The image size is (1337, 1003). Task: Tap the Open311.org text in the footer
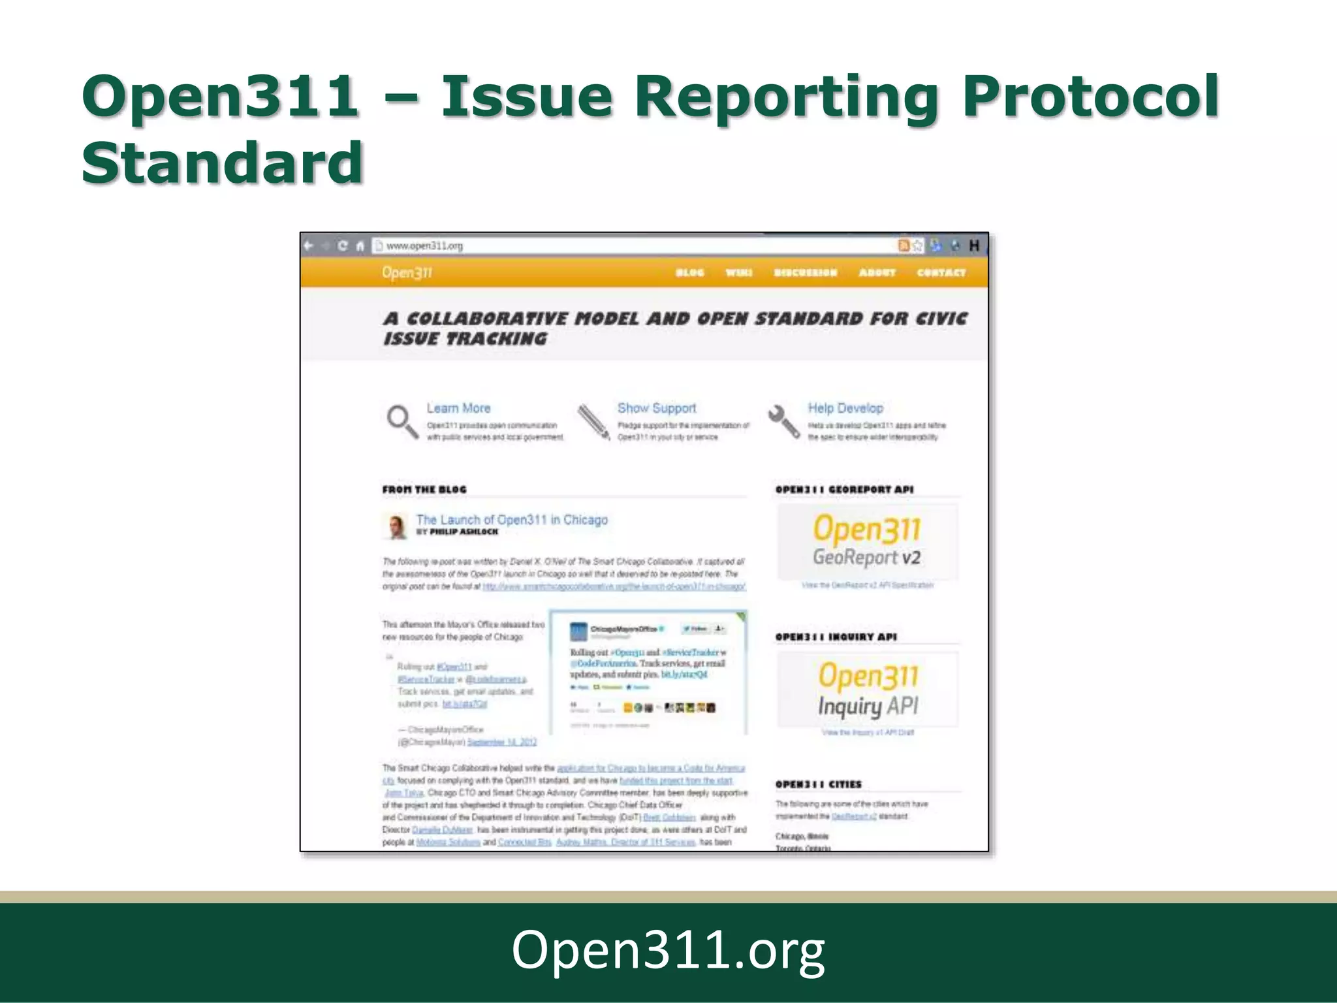point(668,951)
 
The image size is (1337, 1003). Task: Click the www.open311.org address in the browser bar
point(424,246)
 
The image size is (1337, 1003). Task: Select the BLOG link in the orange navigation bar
point(689,273)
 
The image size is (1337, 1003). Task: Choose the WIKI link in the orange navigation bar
point(739,273)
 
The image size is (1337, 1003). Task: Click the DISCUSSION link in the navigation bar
point(805,273)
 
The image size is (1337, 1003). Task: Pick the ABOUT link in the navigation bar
point(877,273)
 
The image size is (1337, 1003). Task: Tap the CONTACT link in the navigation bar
point(941,273)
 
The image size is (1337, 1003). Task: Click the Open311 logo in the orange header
point(407,273)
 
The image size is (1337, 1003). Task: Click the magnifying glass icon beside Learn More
point(402,422)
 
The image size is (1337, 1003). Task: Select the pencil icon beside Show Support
point(593,422)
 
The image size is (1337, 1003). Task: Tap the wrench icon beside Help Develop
point(783,422)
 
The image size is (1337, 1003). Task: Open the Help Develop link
point(845,408)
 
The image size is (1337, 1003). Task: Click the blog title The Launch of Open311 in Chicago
point(512,520)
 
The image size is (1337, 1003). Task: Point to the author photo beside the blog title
point(394,526)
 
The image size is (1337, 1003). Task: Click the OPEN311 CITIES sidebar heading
point(819,784)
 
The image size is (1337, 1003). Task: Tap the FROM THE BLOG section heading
point(424,489)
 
